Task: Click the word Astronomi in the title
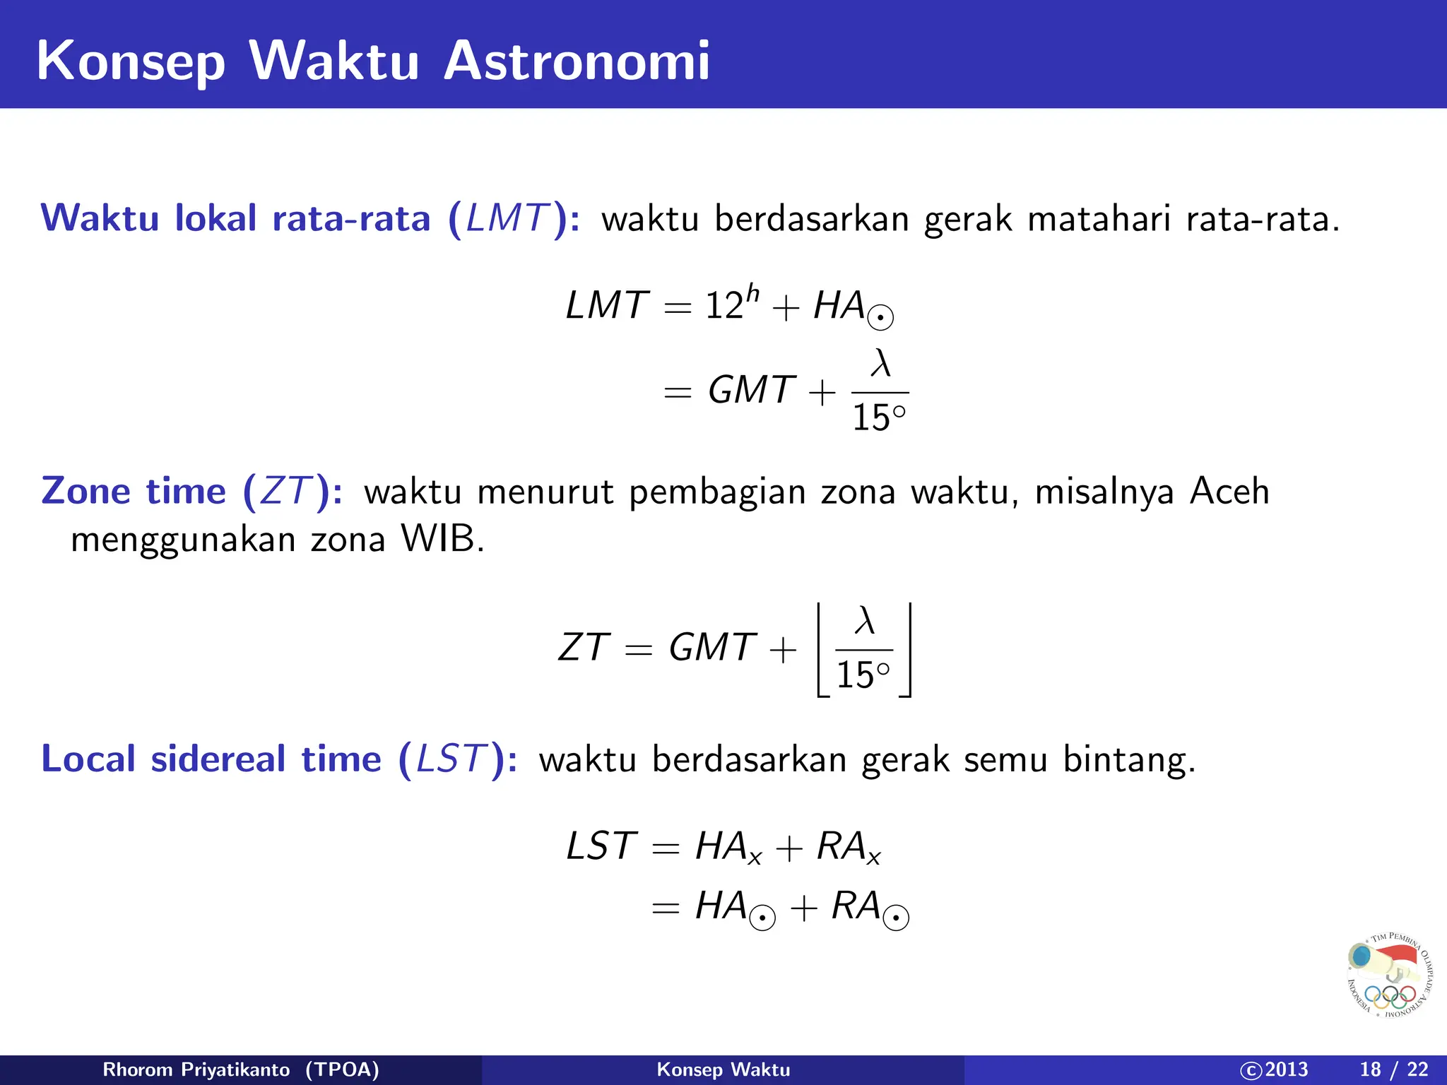pyautogui.click(x=576, y=61)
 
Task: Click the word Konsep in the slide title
pyautogui.click(x=131, y=62)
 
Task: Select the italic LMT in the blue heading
pyautogui.click(x=507, y=218)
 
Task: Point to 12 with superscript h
pyautogui.click(x=731, y=304)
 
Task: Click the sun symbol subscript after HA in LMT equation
pyautogui.click(x=880, y=318)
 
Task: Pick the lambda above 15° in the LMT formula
pyautogui.click(x=880, y=363)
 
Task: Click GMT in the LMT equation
pyautogui.click(x=751, y=390)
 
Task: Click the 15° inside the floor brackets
pyautogui.click(x=863, y=675)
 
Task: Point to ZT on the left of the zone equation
pyautogui.click(x=583, y=648)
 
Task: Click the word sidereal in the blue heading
pyautogui.click(x=218, y=759)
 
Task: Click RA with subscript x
pyautogui.click(x=848, y=846)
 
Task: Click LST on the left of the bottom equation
pyautogui.click(x=601, y=846)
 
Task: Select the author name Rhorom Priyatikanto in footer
pyautogui.click(x=196, y=1069)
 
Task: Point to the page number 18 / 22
pyautogui.click(x=1393, y=1069)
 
